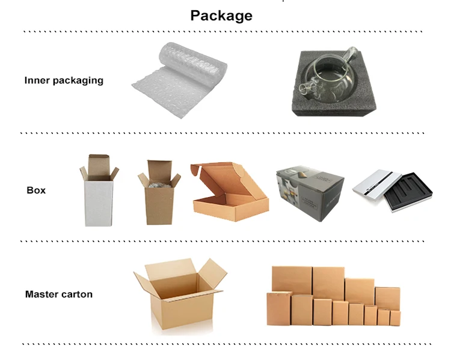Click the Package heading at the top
[221, 16]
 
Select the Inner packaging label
[64, 81]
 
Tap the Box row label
[36, 191]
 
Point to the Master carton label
[59, 294]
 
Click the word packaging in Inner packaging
[78, 81]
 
